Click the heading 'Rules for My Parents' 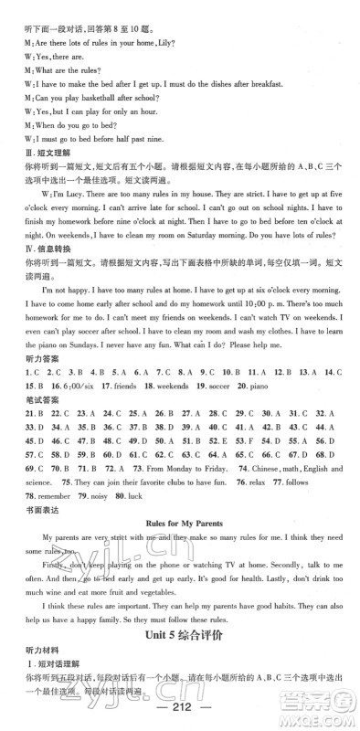tap(179, 526)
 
